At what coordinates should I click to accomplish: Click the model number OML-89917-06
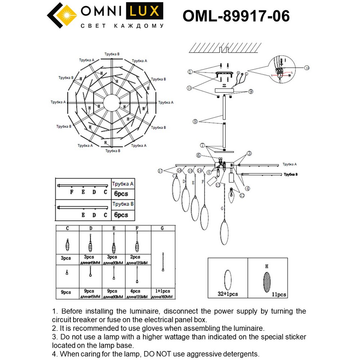click(236, 16)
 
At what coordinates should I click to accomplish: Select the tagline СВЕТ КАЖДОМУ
click(122, 26)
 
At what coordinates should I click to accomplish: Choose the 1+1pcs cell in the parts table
click(163, 291)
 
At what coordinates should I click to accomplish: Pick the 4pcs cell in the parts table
click(136, 291)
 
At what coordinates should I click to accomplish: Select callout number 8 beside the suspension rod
click(195, 122)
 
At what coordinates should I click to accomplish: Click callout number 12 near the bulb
click(242, 195)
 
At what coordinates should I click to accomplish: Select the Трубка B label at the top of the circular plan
click(112, 54)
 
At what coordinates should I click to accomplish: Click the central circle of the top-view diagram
click(112, 103)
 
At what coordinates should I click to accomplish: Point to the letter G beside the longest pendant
click(222, 208)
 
